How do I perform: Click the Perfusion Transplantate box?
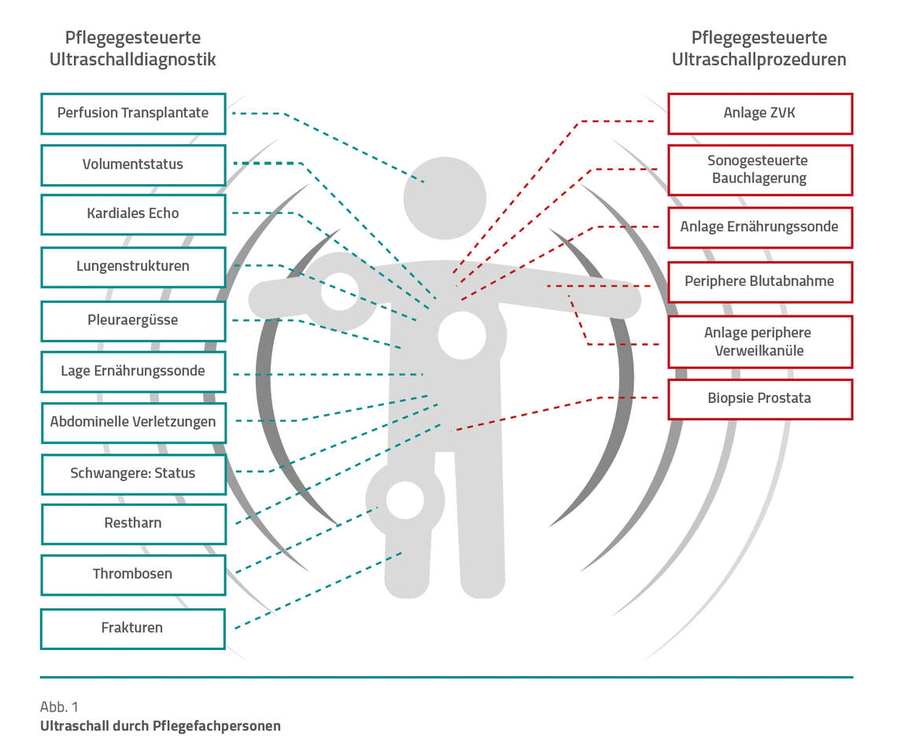point(133,113)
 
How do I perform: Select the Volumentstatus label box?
point(133,164)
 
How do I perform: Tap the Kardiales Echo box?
point(133,213)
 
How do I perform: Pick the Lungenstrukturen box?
point(133,266)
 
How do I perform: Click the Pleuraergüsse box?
point(133,320)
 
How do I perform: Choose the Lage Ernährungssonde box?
point(133,371)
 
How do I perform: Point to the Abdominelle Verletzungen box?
point(133,422)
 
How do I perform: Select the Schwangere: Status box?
point(133,474)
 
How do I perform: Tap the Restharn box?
point(133,523)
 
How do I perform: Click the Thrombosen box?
point(133,574)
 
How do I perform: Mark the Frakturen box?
point(133,628)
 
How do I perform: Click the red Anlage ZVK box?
point(759,113)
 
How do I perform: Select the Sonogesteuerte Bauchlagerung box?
point(759,169)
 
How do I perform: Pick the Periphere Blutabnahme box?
point(759,281)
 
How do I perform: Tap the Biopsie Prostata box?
point(759,398)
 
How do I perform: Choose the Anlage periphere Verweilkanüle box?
point(759,342)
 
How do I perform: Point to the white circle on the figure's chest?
point(462,334)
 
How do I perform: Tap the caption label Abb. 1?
point(59,706)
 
